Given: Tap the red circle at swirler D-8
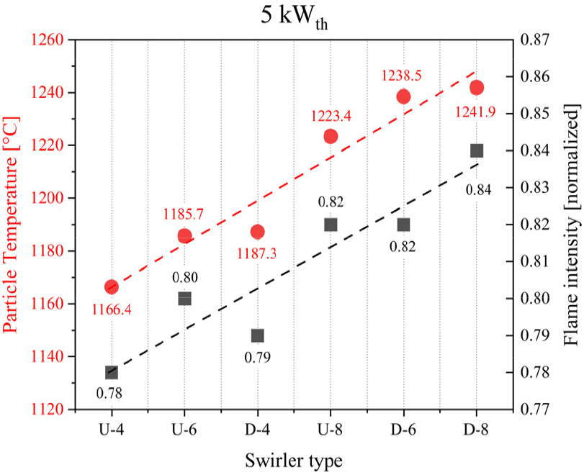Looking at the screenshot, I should point(476,88).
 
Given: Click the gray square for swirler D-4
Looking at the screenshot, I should point(258,336).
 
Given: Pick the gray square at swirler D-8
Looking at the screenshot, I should point(476,150).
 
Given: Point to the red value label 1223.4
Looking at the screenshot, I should point(331,115).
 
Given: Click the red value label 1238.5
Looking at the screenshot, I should point(403,75).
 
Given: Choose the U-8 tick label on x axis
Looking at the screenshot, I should point(331,430).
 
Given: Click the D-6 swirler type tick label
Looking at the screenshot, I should point(403,430).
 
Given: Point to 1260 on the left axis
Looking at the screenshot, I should point(47,40).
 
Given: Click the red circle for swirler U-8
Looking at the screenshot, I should point(331,136).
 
